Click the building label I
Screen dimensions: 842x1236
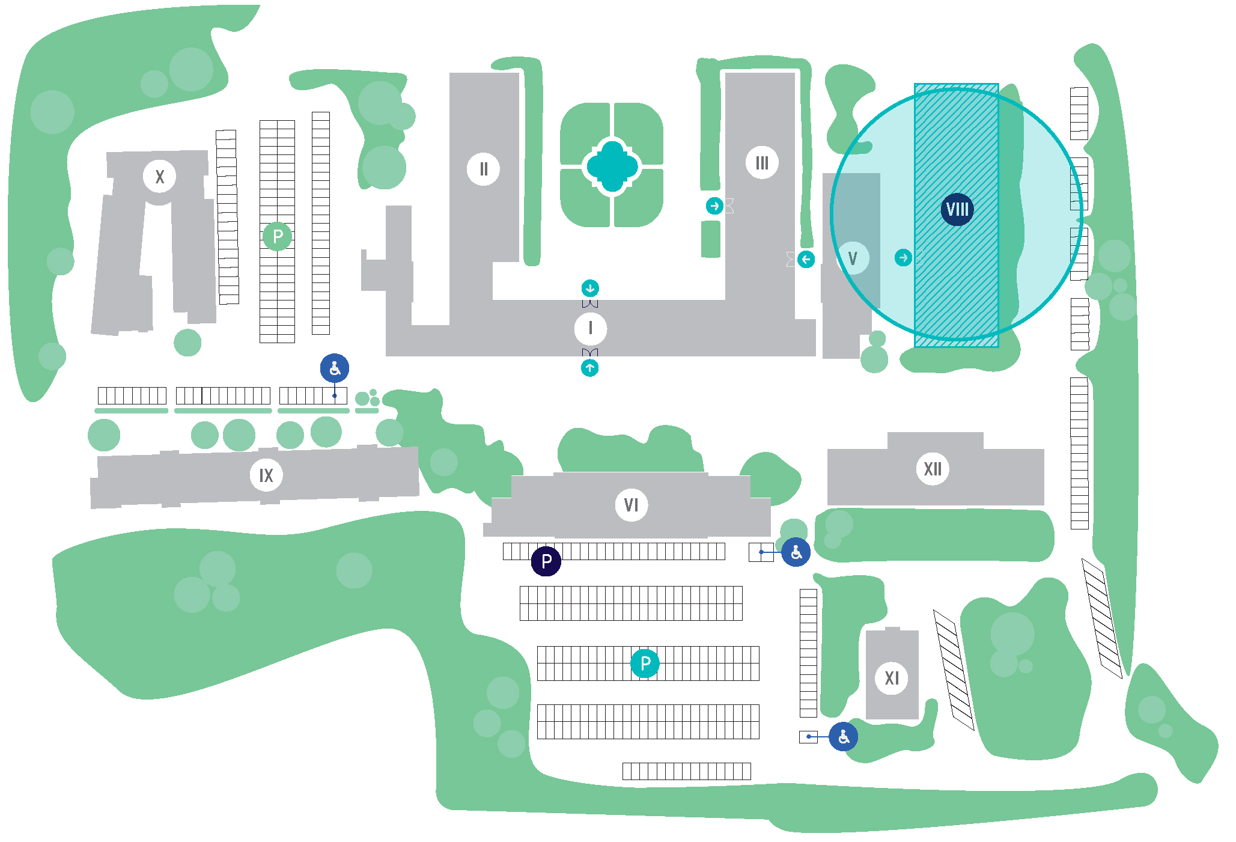tap(590, 328)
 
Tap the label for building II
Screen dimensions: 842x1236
tap(483, 169)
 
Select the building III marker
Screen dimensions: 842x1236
tap(762, 162)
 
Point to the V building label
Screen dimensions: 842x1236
tap(853, 258)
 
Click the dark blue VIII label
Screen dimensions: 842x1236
tap(957, 209)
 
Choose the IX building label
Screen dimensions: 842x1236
tap(266, 475)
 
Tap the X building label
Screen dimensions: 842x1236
tap(159, 177)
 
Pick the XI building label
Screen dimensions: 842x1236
tap(892, 678)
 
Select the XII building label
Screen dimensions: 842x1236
tap(933, 469)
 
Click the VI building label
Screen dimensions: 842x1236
tap(631, 505)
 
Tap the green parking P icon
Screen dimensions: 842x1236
tap(277, 236)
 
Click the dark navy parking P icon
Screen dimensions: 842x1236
tap(546, 561)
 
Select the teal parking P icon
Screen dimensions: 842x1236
tap(645, 663)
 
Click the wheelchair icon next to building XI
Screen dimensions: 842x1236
tap(843, 736)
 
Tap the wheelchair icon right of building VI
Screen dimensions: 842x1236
tap(796, 552)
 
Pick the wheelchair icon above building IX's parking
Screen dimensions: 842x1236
tap(335, 368)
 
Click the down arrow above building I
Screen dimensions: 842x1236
tap(590, 288)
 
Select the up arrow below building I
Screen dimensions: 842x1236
tap(590, 368)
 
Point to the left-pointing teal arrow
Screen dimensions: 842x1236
tap(806, 259)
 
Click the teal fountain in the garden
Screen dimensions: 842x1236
tap(612, 166)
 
